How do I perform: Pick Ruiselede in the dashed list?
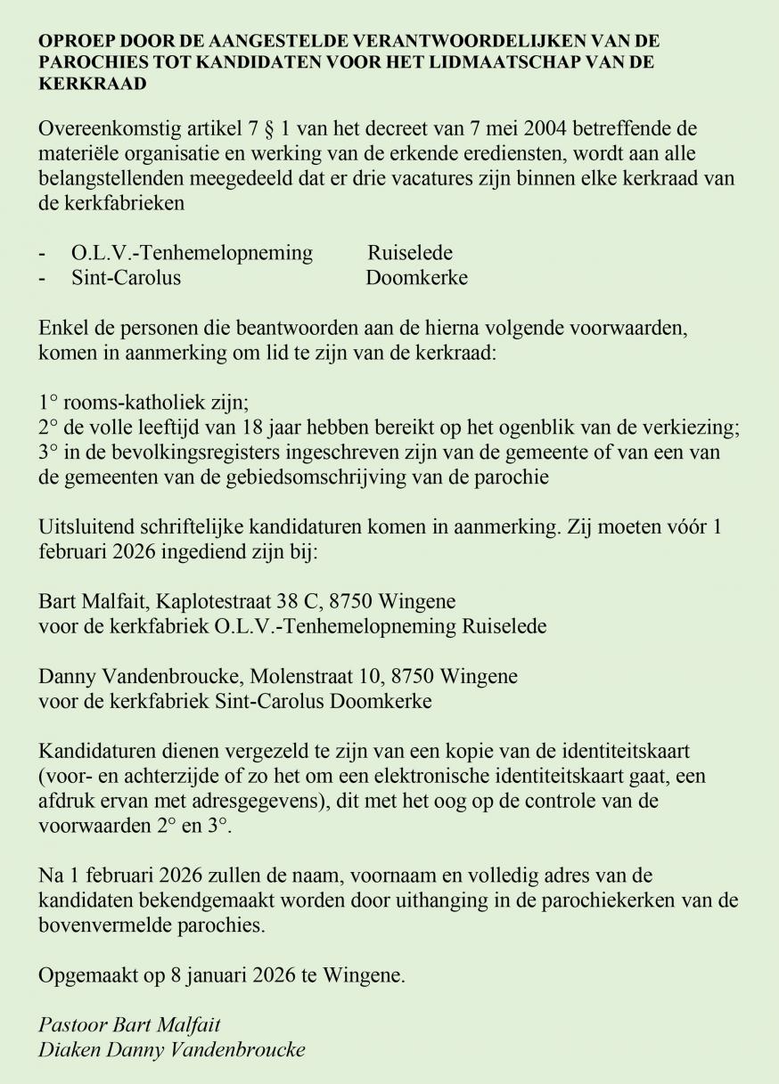pyautogui.click(x=410, y=253)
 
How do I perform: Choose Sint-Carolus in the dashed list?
pyautogui.click(x=126, y=277)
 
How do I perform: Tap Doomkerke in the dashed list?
pyautogui.click(x=416, y=277)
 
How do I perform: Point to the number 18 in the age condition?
pyautogui.click(x=262, y=427)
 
